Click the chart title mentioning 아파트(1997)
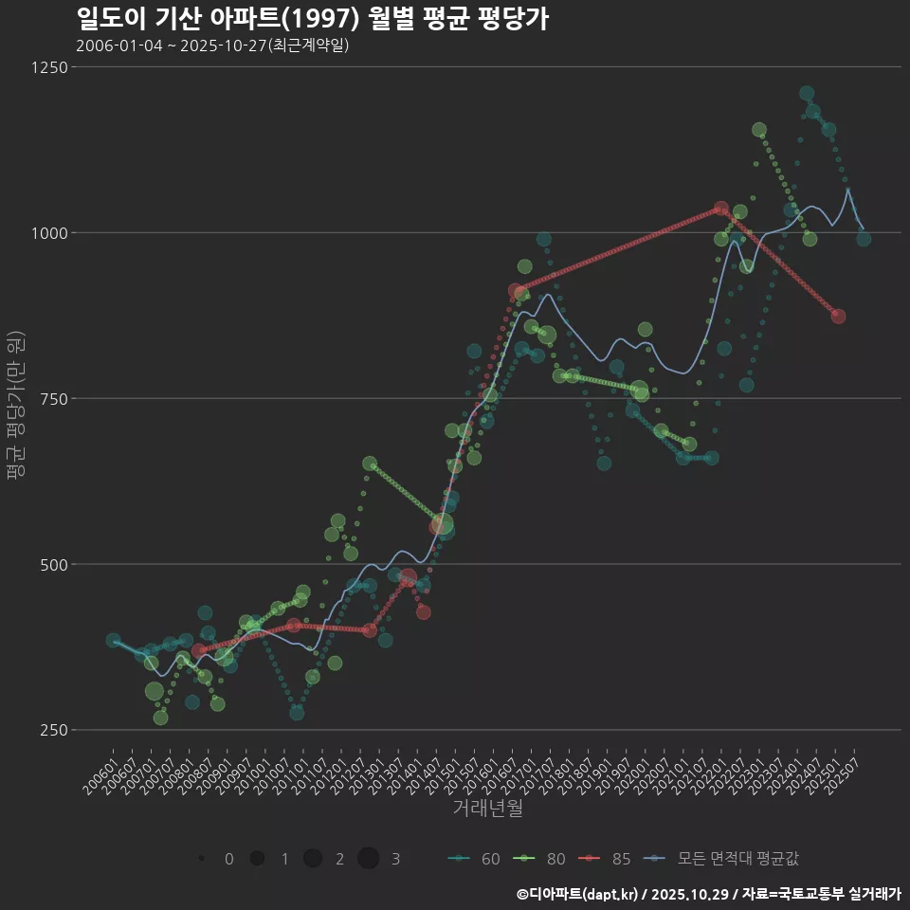click(x=312, y=19)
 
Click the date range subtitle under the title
click(x=212, y=45)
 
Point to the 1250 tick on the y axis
click(x=48, y=67)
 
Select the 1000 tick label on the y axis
click(x=48, y=233)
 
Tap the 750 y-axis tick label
click(x=52, y=399)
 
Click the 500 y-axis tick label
click(x=52, y=565)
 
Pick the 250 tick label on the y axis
click(x=52, y=731)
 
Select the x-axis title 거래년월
click(x=487, y=808)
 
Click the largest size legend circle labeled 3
click(x=369, y=859)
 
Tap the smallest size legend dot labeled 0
click(x=202, y=859)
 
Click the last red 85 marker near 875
click(x=838, y=317)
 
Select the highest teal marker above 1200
click(x=807, y=94)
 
